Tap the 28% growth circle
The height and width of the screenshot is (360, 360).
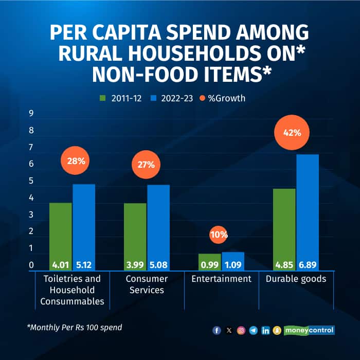(x=76, y=161)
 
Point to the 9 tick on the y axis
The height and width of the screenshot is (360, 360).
(x=31, y=114)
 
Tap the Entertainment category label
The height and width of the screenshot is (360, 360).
(x=221, y=279)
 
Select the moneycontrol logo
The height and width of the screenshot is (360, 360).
(x=309, y=330)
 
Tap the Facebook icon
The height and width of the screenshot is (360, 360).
(x=217, y=330)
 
